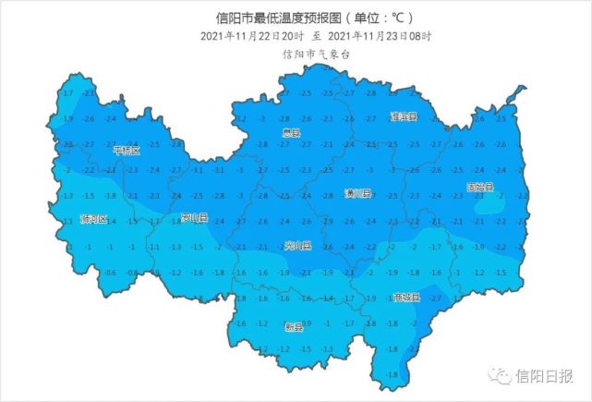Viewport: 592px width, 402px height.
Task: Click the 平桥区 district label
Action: [126, 150]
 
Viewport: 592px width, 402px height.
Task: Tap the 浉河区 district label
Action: [94, 220]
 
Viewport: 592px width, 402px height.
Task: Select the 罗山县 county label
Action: [195, 219]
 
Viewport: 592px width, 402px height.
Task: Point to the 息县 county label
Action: [292, 134]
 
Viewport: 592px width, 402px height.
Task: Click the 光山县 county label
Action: [298, 247]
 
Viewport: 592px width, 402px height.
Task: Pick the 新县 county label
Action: [294, 327]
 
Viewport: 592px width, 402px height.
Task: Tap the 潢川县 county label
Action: [357, 194]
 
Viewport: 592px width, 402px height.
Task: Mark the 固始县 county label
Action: [480, 188]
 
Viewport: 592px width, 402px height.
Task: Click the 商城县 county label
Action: [406, 298]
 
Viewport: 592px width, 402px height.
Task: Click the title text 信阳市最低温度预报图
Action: [265, 18]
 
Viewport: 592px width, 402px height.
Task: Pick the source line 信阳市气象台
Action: [317, 54]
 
